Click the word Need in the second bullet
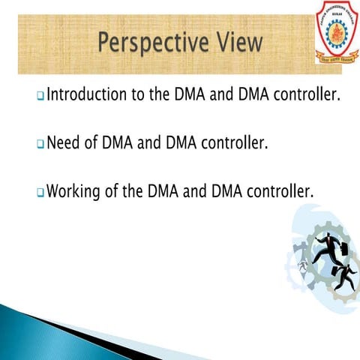64,142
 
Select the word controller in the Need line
231,142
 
